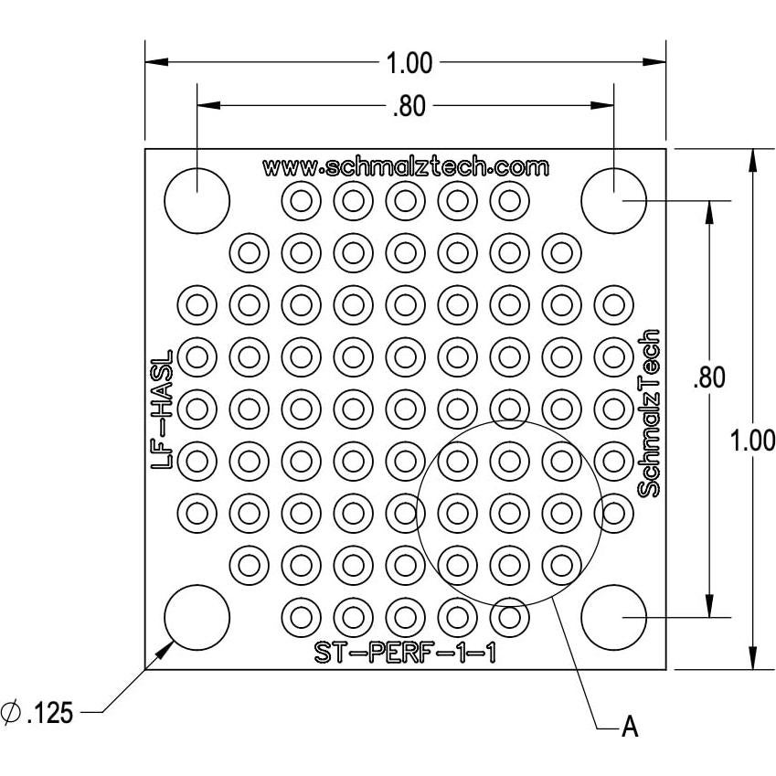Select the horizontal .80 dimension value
408,107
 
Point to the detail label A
629,728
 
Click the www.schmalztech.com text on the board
406,167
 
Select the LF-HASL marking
163,409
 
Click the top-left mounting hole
197,199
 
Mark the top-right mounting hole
613,199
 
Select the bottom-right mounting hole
613,617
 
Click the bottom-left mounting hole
197,617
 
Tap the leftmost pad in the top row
301,199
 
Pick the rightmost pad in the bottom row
509,617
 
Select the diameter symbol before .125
12,712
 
